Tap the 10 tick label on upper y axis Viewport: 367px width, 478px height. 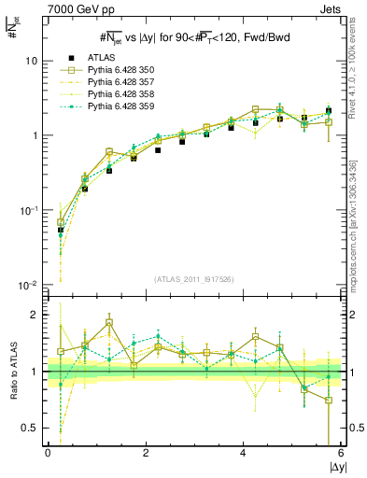tap(31, 61)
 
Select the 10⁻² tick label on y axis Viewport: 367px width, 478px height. tap(28, 285)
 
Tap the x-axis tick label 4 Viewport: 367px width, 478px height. tap(244, 453)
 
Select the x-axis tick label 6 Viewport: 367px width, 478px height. tap(342, 453)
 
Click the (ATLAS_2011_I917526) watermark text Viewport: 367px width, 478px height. tap(193, 277)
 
